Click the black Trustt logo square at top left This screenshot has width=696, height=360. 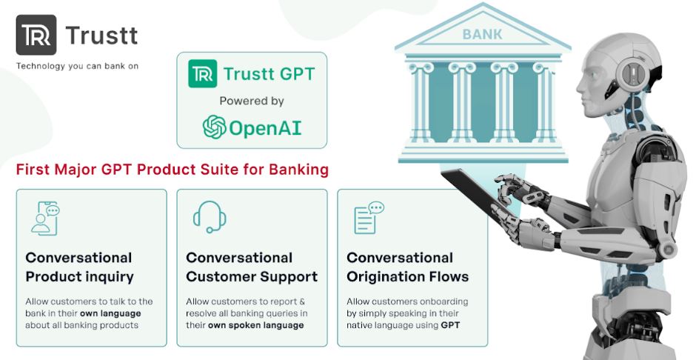(x=36, y=35)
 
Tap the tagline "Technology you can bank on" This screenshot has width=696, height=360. (x=77, y=66)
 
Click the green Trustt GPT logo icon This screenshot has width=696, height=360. (x=202, y=73)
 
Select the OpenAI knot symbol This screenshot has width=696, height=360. (x=214, y=127)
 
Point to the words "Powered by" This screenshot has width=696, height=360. (x=252, y=101)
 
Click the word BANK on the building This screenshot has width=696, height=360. (x=482, y=34)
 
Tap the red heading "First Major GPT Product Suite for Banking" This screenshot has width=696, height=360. (x=172, y=170)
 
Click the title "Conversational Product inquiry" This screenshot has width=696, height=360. (x=79, y=267)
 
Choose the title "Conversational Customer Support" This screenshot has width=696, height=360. (x=252, y=267)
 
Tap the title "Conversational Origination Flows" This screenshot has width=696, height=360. (x=407, y=267)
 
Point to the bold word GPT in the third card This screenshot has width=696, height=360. (x=449, y=325)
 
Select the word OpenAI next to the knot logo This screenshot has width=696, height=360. (x=266, y=127)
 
